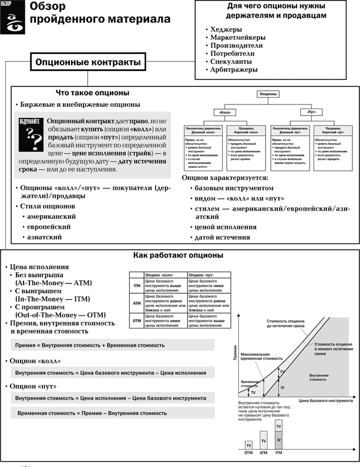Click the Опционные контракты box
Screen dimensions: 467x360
point(88,62)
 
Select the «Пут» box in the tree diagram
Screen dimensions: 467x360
point(312,111)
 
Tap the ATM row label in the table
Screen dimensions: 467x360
point(136,303)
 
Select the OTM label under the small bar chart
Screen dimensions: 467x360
point(249,452)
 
